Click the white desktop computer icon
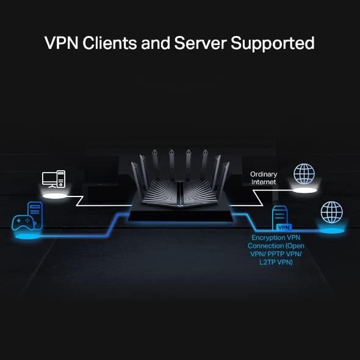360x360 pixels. pyautogui.click(x=53, y=179)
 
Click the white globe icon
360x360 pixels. pyautogui.click(x=304, y=173)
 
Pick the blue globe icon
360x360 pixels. pyautogui.click(x=332, y=213)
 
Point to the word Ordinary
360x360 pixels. pyautogui.click(x=264, y=174)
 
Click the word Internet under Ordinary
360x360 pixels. pyautogui.click(x=264, y=182)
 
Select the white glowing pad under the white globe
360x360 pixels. pyautogui.click(x=304, y=190)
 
